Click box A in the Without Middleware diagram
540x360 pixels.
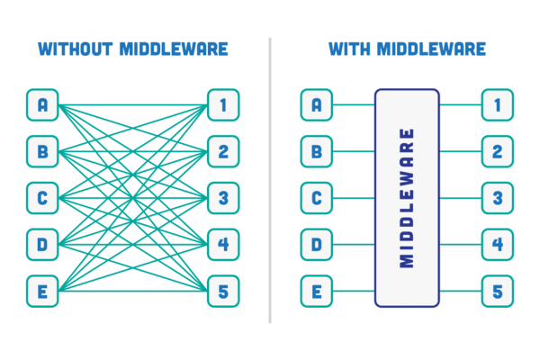(42, 105)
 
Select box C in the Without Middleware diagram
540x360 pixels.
(42, 198)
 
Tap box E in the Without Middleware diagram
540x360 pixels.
(42, 292)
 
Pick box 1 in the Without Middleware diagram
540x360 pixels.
(223, 105)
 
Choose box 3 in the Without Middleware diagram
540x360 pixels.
(223, 198)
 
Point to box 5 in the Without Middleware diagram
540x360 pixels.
(223, 292)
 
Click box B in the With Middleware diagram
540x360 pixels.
(316, 151)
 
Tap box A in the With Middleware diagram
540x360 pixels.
(316, 105)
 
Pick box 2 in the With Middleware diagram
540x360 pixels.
(497, 151)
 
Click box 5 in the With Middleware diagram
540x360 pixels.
(497, 292)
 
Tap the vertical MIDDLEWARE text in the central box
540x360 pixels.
(407, 198)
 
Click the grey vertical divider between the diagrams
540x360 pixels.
(270, 180)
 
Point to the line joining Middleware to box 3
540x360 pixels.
(460, 198)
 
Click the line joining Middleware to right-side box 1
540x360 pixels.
(460, 105)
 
